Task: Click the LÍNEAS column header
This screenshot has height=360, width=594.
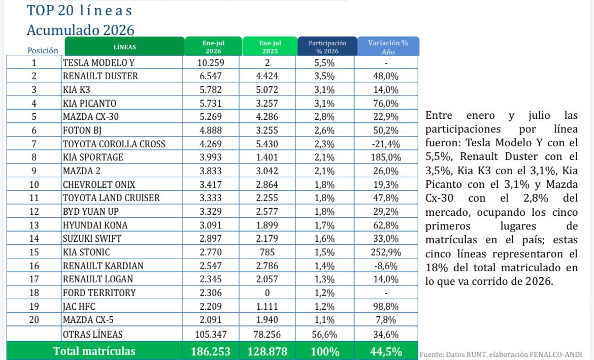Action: pyautogui.click(x=124, y=47)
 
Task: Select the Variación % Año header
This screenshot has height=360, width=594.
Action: pyautogui.click(x=388, y=47)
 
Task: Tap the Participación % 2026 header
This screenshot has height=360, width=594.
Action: pyautogui.click(x=327, y=47)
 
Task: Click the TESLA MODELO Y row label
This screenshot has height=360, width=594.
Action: pyautogui.click(x=98, y=62)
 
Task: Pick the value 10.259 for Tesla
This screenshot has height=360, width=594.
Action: pyautogui.click(x=211, y=62)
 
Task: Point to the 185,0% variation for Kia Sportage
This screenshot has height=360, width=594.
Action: pyautogui.click(x=386, y=157)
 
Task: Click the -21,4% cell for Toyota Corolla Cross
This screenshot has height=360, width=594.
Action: pyautogui.click(x=386, y=144)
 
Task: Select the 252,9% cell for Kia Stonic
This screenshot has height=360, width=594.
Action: pyautogui.click(x=386, y=252)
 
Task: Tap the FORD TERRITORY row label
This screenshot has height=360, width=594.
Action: pyautogui.click(x=99, y=292)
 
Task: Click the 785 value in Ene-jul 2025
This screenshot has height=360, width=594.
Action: pyautogui.click(x=267, y=252)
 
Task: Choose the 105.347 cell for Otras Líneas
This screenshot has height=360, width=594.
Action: pyautogui.click(x=211, y=334)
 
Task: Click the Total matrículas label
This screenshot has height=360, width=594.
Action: pyautogui.click(x=94, y=351)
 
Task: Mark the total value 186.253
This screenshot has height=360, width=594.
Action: pyautogui.click(x=211, y=352)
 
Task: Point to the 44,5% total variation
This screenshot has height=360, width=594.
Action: pyautogui.click(x=386, y=352)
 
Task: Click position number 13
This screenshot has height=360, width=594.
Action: pyautogui.click(x=34, y=225)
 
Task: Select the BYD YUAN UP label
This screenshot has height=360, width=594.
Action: pyautogui.click(x=90, y=211)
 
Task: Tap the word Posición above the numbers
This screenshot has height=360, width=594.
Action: pyautogui.click(x=43, y=50)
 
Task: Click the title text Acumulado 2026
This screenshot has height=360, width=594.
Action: pyautogui.click(x=80, y=30)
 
